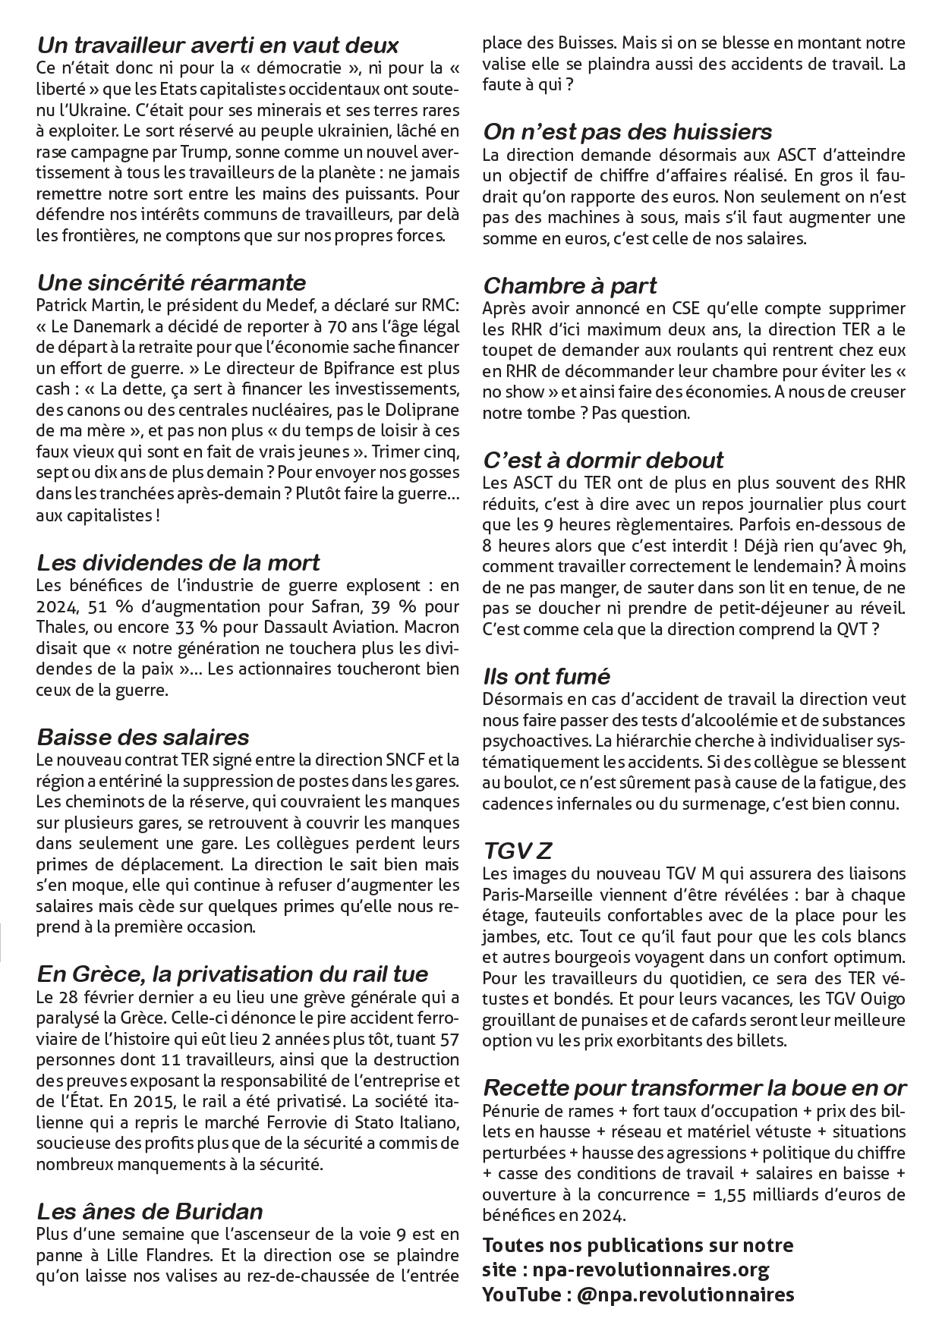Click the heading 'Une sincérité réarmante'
pyautogui.click(x=172, y=283)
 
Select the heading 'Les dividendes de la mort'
pyautogui.click(x=178, y=563)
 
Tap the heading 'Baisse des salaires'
pyautogui.click(x=143, y=737)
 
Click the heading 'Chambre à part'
pyautogui.click(x=570, y=286)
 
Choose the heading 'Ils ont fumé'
pyautogui.click(x=547, y=676)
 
